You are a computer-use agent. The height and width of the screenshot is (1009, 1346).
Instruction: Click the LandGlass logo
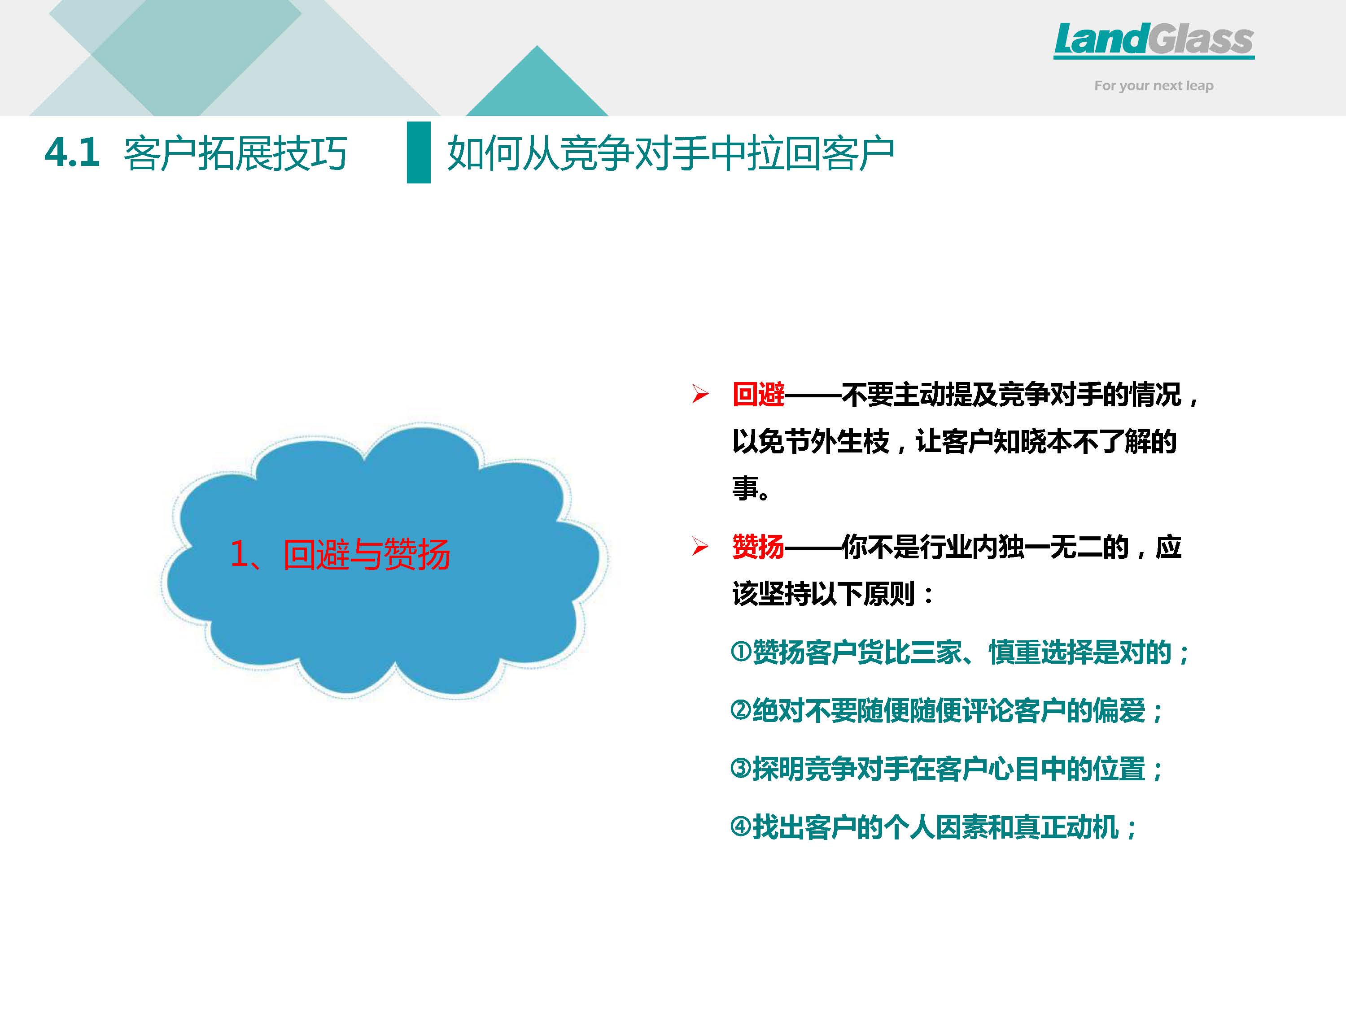click(x=1154, y=40)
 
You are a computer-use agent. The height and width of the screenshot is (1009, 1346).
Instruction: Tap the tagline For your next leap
click(x=1154, y=86)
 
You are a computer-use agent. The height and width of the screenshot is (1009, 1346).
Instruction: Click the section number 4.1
click(x=72, y=152)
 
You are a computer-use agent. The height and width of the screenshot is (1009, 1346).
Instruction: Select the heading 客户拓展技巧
click(x=235, y=153)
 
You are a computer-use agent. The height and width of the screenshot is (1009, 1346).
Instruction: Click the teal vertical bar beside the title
click(x=419, y=152)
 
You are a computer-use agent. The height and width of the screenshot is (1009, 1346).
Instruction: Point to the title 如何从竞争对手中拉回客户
click(x=671, y=153)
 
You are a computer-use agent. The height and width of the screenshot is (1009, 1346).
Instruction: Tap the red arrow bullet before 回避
click(x=700, y=395)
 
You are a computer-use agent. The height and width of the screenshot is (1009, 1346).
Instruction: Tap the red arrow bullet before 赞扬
click(x=700, y=547)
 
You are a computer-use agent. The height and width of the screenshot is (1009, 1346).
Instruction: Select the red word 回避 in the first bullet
click(x=758, y=395)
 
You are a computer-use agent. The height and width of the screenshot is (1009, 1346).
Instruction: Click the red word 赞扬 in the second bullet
click(x=758, y=547)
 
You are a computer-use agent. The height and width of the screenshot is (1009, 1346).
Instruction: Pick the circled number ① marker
click(x=741, y=652)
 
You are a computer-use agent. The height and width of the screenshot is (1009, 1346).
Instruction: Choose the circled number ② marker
click(x=741, y=710)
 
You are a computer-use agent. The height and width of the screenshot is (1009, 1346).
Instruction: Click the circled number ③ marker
click(x=741, y=768)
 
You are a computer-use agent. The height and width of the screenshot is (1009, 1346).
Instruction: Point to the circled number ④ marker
click(x=741, y=826)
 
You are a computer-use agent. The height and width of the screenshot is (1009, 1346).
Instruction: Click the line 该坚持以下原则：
click(x=834, y=594)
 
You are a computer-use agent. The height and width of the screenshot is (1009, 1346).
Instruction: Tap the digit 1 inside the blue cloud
click(x=239, y=555)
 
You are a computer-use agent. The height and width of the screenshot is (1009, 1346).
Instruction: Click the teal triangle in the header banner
click(x=537, y=81)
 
